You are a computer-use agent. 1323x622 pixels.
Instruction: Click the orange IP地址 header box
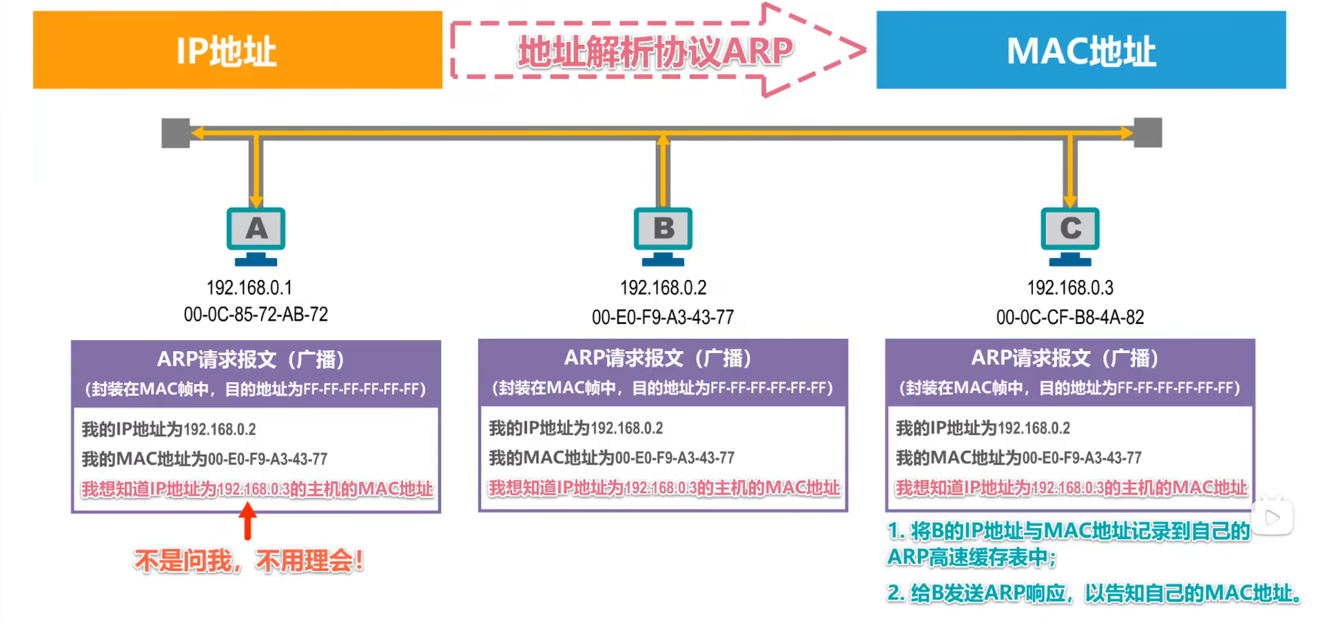tap(237, 50)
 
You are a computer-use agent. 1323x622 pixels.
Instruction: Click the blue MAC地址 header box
tap(1080, 50)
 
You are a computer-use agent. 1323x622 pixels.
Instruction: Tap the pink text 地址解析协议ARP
tap(655, 52)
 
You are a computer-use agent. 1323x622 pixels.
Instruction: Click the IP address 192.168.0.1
tap(249, 287)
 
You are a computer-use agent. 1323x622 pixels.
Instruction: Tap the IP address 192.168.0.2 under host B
tap(663, 287)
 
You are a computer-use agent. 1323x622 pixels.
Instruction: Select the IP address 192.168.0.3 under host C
tap(1069, 287)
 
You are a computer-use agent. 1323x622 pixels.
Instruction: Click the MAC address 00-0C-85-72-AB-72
tap(256, 314)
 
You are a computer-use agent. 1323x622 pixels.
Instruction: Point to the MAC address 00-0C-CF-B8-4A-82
tap(1069, 317)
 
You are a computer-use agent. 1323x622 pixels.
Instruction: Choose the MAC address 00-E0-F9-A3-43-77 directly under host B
tap(663, 317)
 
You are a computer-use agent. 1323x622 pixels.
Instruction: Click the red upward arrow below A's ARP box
tap(248, 521)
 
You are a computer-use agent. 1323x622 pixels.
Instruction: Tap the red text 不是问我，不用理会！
tap(249, 561)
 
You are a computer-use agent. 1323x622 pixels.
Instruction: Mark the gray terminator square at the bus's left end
tap(176, 132)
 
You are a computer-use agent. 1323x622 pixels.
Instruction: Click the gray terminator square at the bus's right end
tap(1147, 132)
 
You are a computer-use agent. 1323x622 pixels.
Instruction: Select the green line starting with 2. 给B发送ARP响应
tap(1093, 593)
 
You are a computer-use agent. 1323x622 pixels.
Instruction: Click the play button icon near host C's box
tap(1272, 516)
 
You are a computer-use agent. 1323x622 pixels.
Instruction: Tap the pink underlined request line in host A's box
tap(257, 489)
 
